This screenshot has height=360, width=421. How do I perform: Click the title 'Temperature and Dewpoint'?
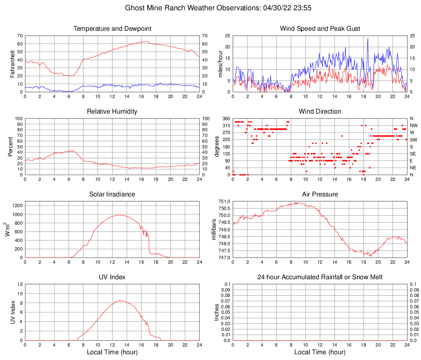coord(112,29)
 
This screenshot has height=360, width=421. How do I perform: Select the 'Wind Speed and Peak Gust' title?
coord(320,29)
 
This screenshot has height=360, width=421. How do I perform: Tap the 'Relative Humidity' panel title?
coord(112,112)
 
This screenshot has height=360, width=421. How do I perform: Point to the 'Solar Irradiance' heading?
coord(112,194)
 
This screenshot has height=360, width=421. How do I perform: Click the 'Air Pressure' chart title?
coord(320,194)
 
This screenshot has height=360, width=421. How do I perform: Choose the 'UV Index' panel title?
coord(112,277)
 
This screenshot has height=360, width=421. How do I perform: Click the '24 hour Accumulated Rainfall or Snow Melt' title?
coord(320,277)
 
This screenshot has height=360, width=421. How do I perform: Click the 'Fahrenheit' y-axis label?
coord(12,64)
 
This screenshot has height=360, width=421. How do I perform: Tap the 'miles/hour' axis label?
coord(220,64)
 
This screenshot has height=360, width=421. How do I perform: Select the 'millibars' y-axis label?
coord(214,229)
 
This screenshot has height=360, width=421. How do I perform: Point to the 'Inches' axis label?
coord(217,312)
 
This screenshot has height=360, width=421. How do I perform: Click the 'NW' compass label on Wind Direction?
coord(413,125)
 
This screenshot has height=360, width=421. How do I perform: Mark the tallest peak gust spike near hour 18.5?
coord(368,39)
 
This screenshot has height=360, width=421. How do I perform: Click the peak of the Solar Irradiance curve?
coord(119,215)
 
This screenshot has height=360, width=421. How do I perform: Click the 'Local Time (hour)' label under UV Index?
coord(112,352)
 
